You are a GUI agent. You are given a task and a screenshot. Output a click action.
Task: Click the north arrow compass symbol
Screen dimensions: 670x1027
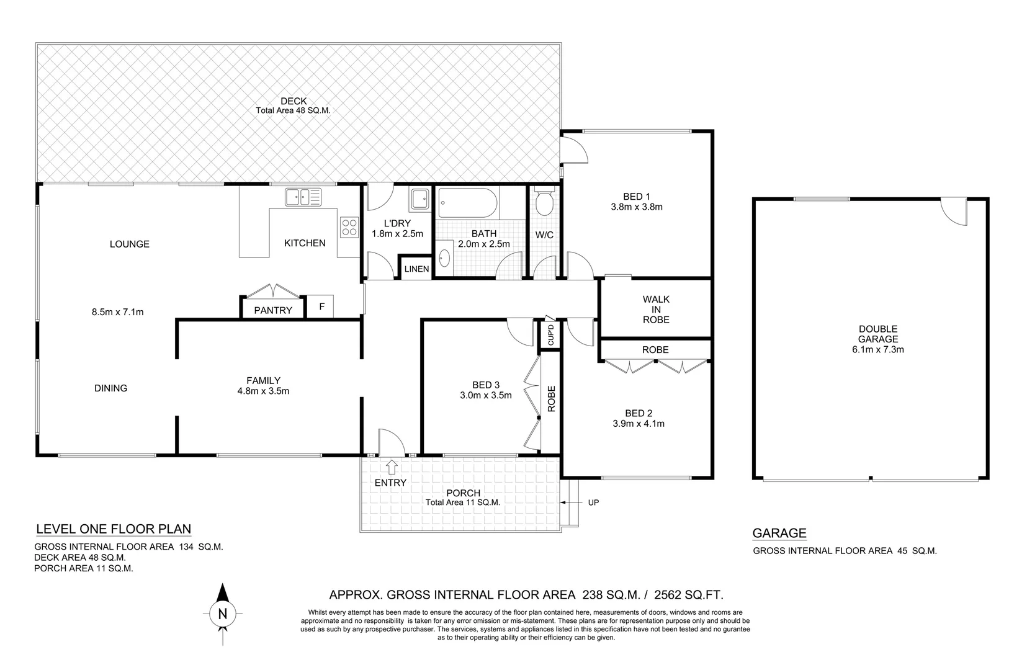[223, 614]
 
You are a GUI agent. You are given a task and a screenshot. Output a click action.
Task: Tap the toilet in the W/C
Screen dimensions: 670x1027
[544, 202]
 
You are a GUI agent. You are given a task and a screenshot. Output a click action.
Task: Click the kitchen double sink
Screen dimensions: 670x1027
[303, 197]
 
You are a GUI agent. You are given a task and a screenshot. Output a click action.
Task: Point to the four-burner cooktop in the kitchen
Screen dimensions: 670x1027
[349, 227]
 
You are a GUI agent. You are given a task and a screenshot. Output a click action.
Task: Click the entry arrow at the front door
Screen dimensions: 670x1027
[392, 466]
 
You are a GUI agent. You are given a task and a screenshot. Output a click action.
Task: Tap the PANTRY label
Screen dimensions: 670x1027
[272, 310]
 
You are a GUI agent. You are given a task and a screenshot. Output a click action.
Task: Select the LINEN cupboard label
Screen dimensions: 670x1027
[416, 269]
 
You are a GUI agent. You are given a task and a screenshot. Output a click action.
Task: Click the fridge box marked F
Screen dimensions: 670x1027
[321, 306]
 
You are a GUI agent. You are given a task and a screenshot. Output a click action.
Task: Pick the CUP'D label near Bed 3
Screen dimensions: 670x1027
[550, 335]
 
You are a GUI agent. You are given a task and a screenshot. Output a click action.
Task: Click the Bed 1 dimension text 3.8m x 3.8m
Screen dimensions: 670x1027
[637, 207]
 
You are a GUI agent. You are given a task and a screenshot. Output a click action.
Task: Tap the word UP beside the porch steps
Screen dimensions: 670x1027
[593, 502]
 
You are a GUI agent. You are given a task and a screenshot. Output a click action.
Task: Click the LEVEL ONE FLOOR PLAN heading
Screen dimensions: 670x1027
[114, 529]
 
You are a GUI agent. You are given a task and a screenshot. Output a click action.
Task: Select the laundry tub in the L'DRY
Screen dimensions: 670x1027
[419, 199]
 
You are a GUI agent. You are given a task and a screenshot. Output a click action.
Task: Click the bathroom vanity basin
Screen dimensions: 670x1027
[445, 257]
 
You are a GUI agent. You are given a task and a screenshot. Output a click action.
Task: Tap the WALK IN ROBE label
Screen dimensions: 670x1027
[656, 309]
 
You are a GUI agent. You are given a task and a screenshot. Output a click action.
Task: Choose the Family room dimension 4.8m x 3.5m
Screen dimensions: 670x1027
[263, 391]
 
